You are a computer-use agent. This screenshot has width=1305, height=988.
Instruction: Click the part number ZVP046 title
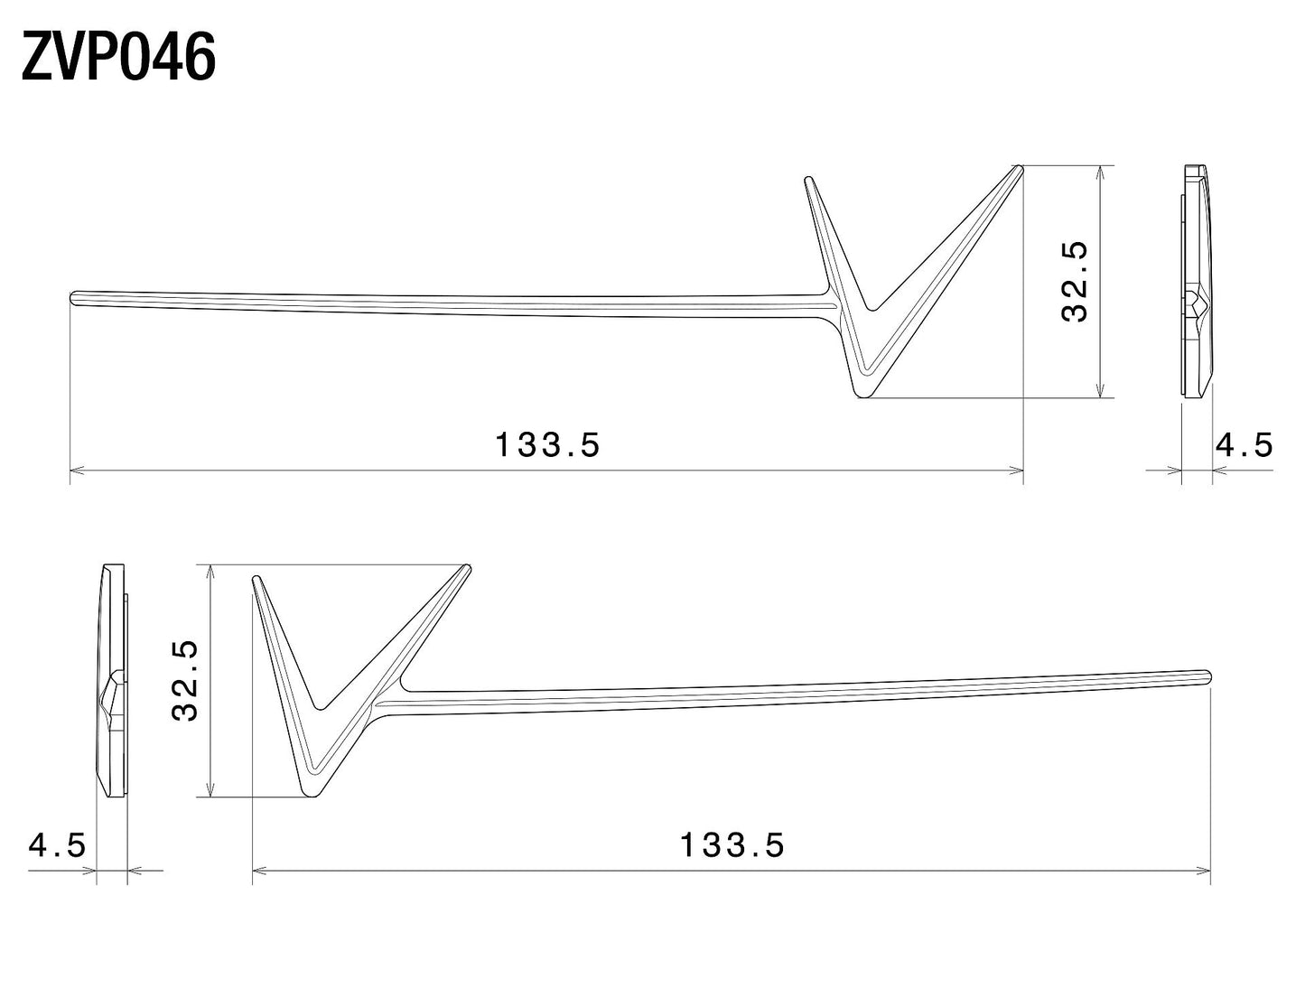click(x=118, y=57)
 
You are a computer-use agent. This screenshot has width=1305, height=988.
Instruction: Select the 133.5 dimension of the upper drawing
click(x=547, y=444)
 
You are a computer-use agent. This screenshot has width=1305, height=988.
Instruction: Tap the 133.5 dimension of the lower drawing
click(x=732, y=844)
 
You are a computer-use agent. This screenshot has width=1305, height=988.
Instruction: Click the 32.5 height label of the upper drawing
click(x=1075, y=281)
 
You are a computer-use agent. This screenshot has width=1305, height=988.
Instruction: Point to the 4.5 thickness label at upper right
click(x=1244, y=444)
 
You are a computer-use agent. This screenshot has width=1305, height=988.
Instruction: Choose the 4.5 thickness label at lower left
click(x=57, y=844)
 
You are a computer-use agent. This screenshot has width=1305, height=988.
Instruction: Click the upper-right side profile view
click(x=1193, y=281)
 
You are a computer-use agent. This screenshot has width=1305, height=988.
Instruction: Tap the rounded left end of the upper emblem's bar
click(x=73, y=297)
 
